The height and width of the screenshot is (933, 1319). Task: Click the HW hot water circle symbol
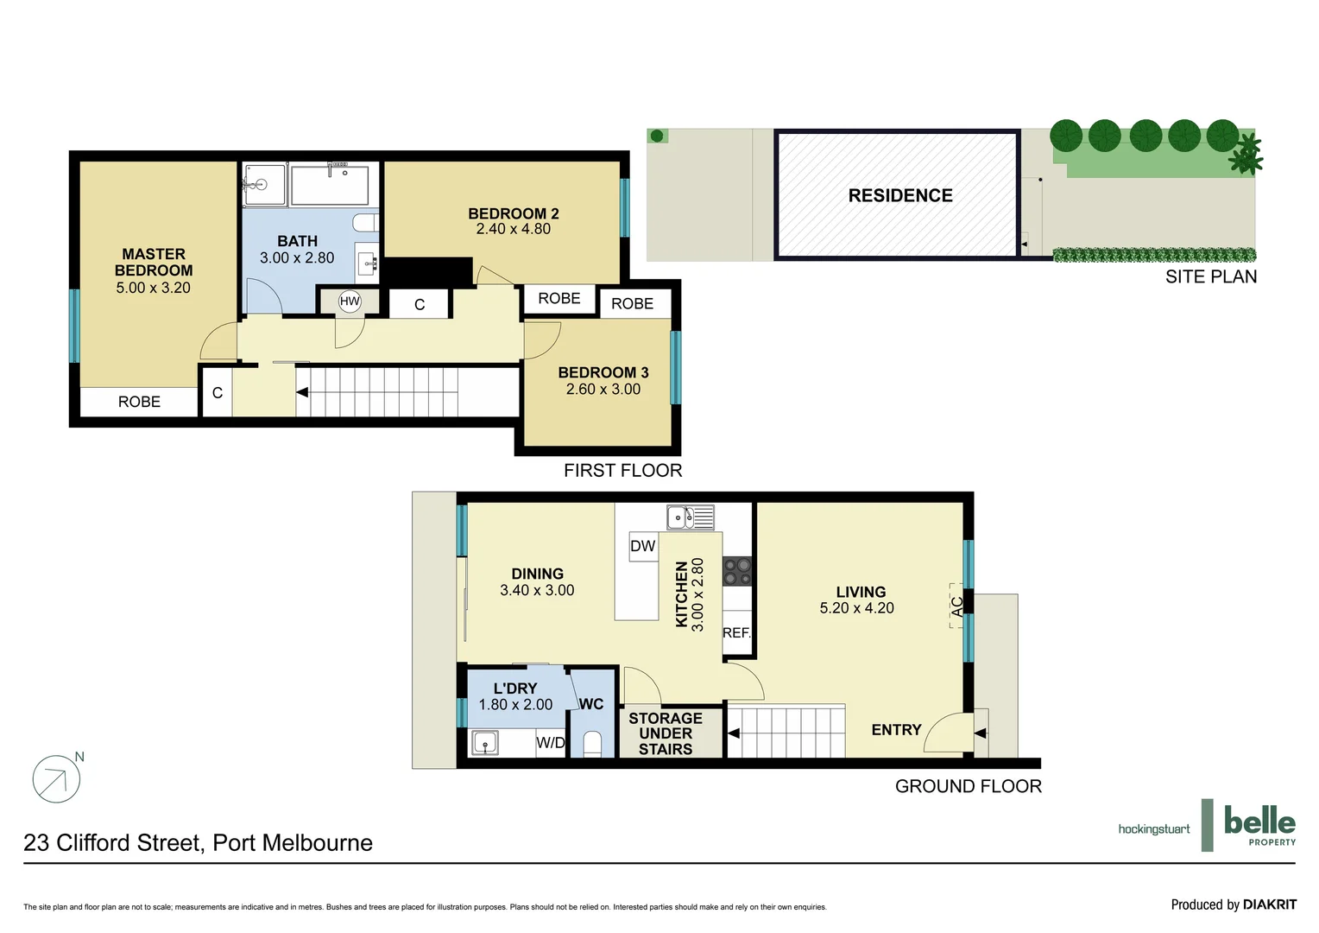(350, 301)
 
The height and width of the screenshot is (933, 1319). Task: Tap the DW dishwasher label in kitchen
(642, 546)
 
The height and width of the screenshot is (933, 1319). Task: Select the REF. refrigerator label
(736, 632)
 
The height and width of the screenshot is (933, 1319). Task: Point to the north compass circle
(56, 780)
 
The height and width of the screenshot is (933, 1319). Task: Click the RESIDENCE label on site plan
(899, 195)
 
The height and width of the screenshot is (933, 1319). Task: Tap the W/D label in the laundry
(550, 743)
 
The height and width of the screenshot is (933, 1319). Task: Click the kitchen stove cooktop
(737, 571)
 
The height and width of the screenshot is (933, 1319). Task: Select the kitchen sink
(690, 517)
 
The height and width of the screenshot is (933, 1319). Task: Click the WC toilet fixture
(592, 744)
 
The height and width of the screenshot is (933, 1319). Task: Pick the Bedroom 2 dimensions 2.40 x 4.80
(513, 229)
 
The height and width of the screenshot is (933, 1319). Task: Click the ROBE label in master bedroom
(139, 402)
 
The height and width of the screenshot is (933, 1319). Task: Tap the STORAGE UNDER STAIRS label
(665, 733)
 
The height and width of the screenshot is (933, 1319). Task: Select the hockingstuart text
(1153, 829)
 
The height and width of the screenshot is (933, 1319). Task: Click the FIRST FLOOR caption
(622, 471)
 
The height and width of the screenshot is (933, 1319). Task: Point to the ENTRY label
(896, 730)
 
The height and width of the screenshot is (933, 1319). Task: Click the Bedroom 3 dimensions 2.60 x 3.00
(603, 390)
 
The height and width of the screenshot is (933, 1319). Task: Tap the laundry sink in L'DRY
(484, 743)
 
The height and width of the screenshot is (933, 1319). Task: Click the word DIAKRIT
(1269, 904)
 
